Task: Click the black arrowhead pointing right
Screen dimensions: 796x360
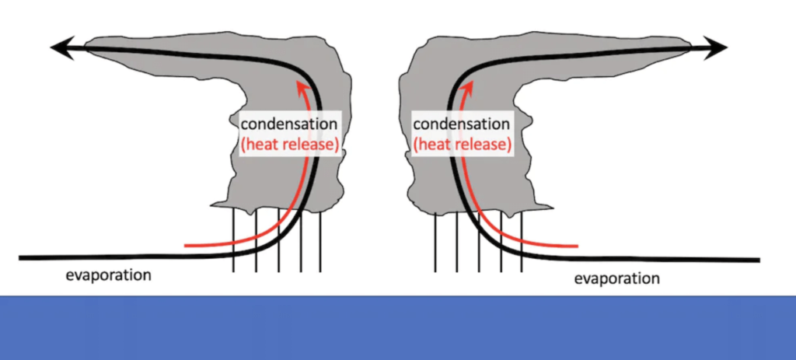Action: click(x=716, y=47)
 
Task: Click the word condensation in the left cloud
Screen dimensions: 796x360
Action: click(x=288, y=124)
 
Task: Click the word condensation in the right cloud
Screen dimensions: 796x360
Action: click(x=461, y=124)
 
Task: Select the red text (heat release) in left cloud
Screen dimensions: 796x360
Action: click(x=289, y=145)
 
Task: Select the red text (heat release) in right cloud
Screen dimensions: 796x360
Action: click(x=462, y=145)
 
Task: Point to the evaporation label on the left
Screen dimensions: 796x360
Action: click(x=109, y=275)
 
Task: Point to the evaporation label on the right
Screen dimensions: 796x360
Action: click(x=616, y=278)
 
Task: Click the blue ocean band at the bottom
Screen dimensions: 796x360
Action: click(x=398, y=327)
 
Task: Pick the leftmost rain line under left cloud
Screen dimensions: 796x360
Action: click(x=233, y=239)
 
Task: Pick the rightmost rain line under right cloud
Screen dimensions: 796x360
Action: click(x=522, y=241)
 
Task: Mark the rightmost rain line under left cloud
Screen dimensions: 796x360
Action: click(x=319, y=242)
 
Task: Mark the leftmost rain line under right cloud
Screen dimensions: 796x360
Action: click(x=435, y=242)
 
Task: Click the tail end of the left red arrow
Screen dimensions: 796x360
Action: click(x=185, y=246)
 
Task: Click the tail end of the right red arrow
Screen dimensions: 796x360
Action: click(x=578, y=246)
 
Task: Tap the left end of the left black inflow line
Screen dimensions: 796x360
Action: click(x=19, y=258)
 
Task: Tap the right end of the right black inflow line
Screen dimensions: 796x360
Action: click(x=759, y=260)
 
